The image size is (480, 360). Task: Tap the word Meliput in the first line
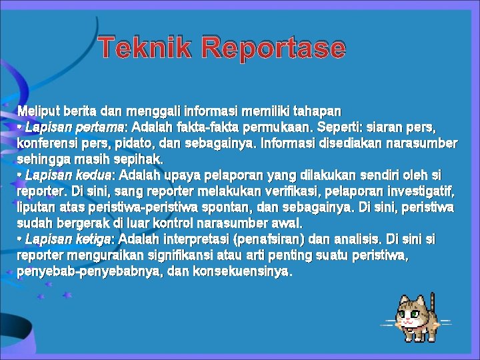click(x=37, y=111)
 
